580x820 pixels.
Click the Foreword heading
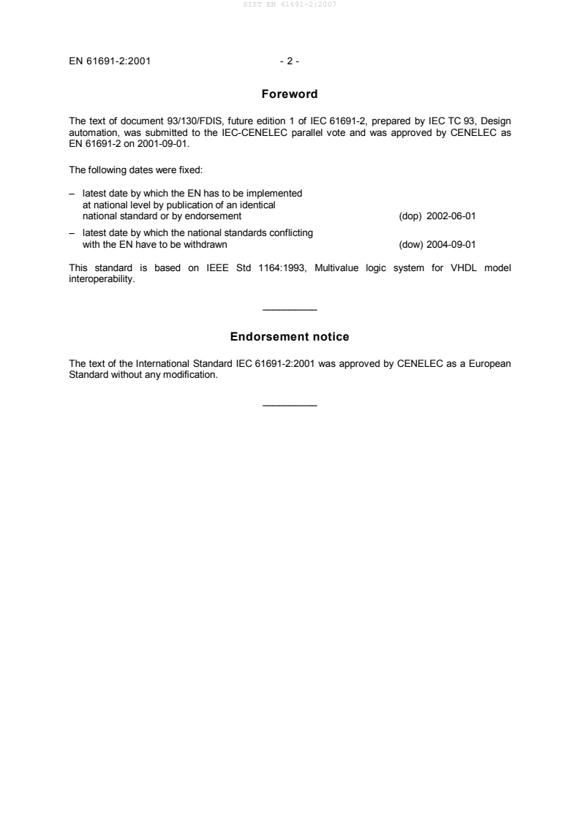coord(290,94)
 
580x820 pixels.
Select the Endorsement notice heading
coord(290,337)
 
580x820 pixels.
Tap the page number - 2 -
coord(290,61)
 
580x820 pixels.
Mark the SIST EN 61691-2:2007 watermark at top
coord(290,6)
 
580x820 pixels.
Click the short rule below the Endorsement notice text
coord(290,406)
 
